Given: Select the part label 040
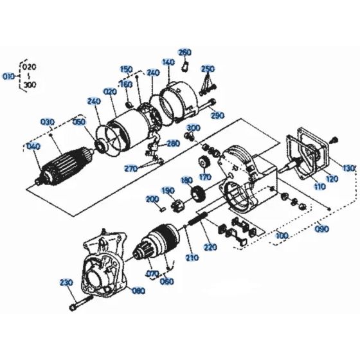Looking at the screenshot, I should (33, 147).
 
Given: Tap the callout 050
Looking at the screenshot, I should (79, 122).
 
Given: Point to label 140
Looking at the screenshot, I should (168, 62).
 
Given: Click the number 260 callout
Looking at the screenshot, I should (184, 52).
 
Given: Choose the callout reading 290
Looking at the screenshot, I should (217, 116).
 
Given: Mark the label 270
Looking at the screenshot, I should (131, 168).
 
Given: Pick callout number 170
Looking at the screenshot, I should (205, 177).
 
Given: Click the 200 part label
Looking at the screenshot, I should (152, 200).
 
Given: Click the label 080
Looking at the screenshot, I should (138, 290).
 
